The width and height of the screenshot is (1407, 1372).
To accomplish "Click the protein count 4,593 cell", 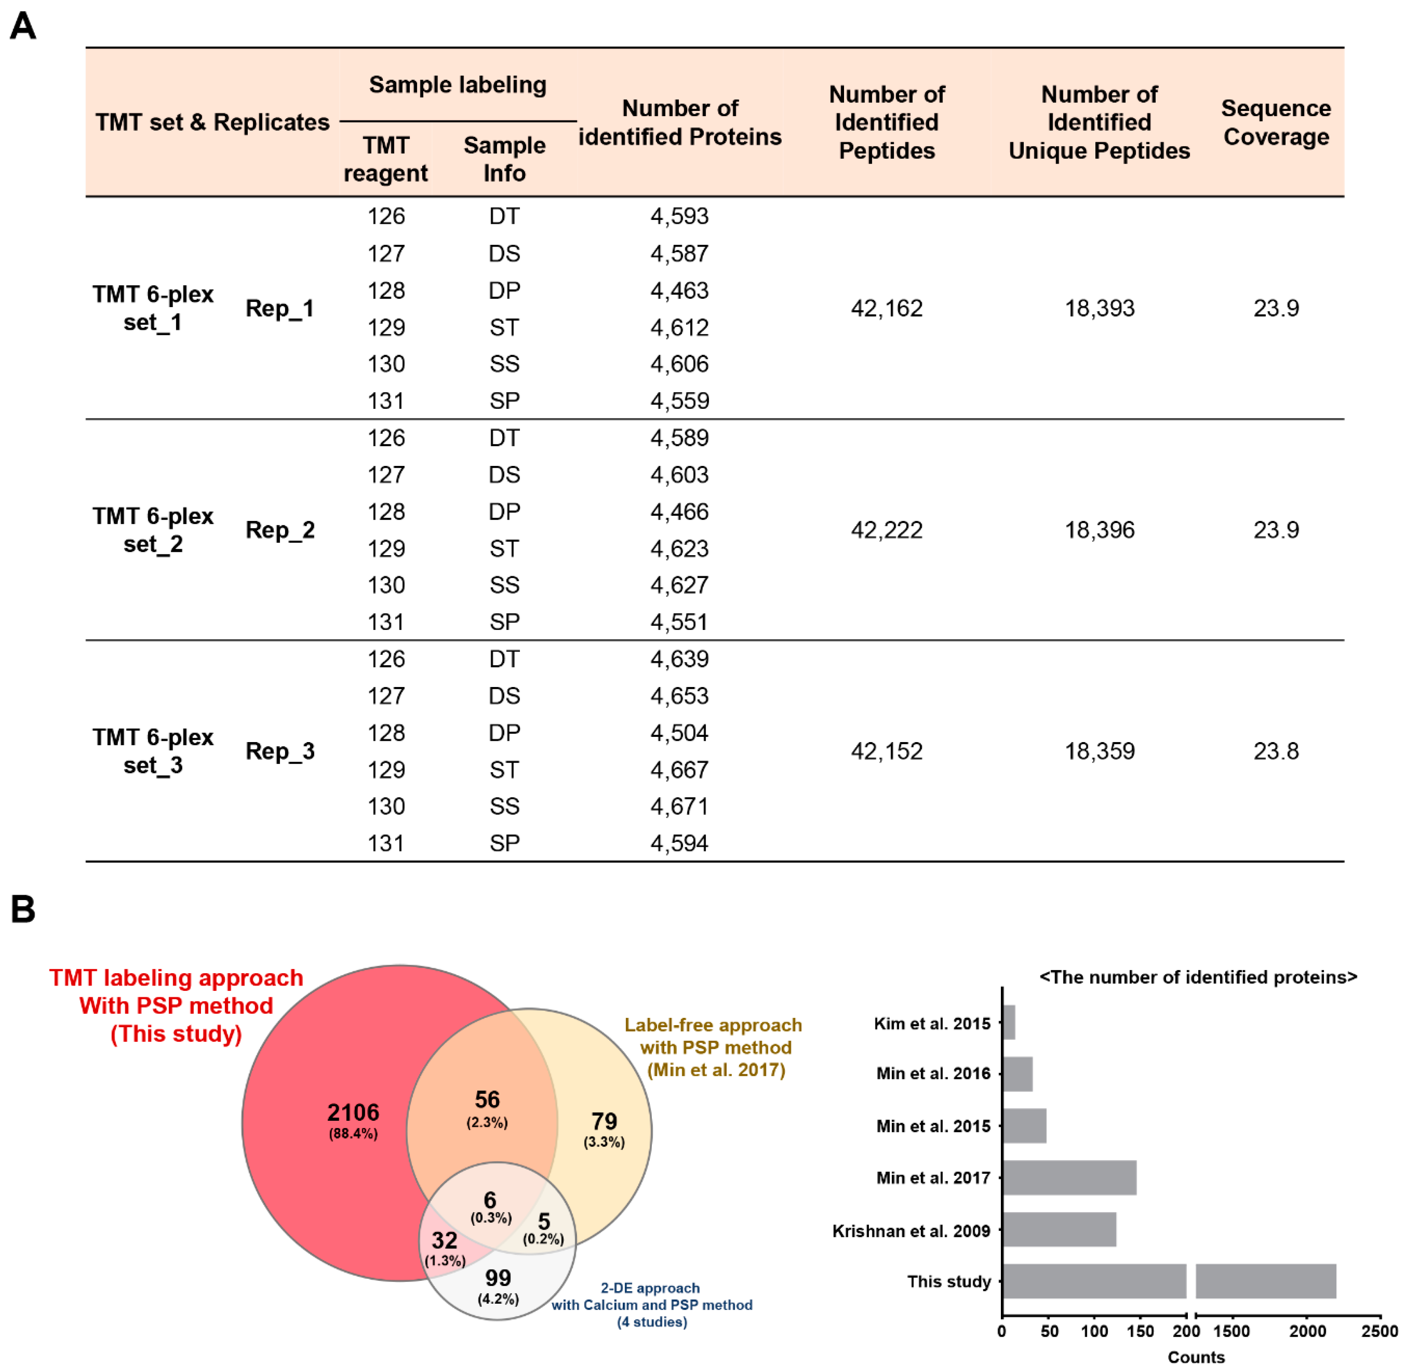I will tap(679, 216).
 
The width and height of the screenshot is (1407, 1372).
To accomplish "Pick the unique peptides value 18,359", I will tap(1099, 752).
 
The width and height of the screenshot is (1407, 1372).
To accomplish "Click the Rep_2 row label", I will tap(279, 530).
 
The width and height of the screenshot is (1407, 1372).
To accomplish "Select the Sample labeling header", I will tap(458, 85).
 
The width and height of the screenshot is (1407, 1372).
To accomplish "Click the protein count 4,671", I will tap(679, 806).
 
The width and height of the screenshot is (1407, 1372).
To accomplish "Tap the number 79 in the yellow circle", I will tap(604, 1121).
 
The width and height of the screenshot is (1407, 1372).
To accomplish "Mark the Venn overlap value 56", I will tap(487, 1099).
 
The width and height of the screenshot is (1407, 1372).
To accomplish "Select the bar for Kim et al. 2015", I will tap(1009, 1023).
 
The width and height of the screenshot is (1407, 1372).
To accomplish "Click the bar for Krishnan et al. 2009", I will tap(1059, 1229).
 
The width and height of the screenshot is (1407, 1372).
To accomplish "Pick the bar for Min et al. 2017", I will tap(1069, 1177).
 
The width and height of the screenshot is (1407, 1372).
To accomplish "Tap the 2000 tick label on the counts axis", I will tap(1307, 1332).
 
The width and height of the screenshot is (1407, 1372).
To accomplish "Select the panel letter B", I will tap(23, 909).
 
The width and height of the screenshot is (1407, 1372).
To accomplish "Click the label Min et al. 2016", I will tap(933, 1074).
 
